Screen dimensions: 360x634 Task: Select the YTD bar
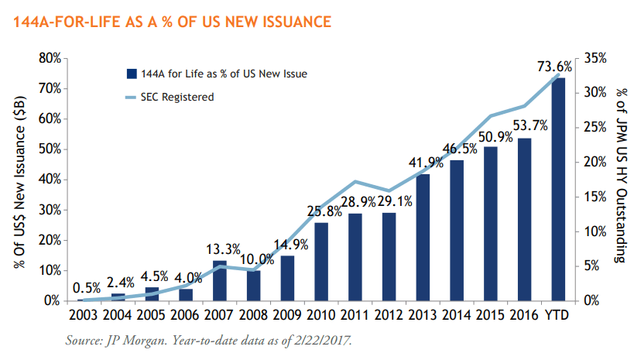tap(558, 189)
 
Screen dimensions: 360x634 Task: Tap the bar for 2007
tap(219, 280)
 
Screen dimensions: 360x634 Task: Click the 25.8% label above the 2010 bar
tap(321, 210)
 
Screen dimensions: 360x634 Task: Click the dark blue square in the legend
tap(132, 74)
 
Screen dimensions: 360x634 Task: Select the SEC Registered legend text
tap(177, 97)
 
